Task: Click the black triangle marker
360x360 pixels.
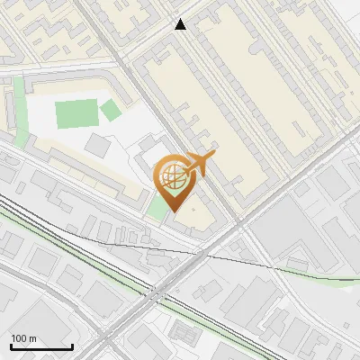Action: coord(180,24)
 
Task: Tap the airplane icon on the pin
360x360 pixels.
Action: coord(200,164)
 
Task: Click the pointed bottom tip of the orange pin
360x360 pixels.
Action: coord(174,212)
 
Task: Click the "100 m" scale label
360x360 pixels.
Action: coord(23,338)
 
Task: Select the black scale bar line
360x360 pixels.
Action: coord(41,347)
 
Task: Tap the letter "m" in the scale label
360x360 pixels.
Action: coord(32,338)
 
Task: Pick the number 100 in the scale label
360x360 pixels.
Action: coord(19,338)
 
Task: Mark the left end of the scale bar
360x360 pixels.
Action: coord(11,347)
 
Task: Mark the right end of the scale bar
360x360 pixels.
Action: coord(72,347)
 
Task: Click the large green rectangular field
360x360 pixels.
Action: coord(75,115)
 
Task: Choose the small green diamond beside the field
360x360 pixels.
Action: coord(110,111)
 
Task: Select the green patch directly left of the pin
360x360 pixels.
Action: coord(157,204)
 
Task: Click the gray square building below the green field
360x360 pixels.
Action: coord(98,145)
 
